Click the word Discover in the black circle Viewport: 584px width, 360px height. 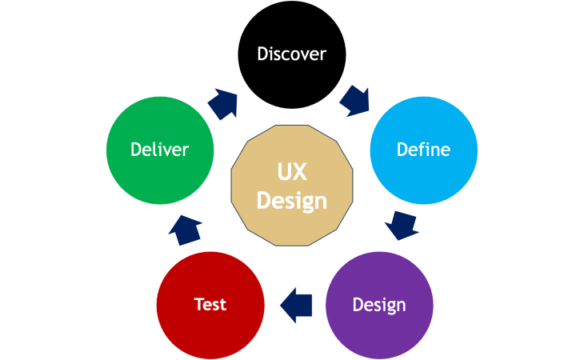coord(291,54)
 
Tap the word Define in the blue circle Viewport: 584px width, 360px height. coord(423,150)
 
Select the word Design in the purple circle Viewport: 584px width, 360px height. coord(379,305)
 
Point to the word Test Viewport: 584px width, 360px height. coord(210,305)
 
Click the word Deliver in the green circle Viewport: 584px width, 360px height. coord(160,150)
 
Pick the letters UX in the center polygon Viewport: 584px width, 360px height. coord(292,172)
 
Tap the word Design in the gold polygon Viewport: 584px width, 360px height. coord(292,200)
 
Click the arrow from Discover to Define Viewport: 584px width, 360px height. coord(355,101)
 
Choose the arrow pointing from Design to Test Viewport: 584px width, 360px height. coord(296,304)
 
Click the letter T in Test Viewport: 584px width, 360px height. coord(198,305)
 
